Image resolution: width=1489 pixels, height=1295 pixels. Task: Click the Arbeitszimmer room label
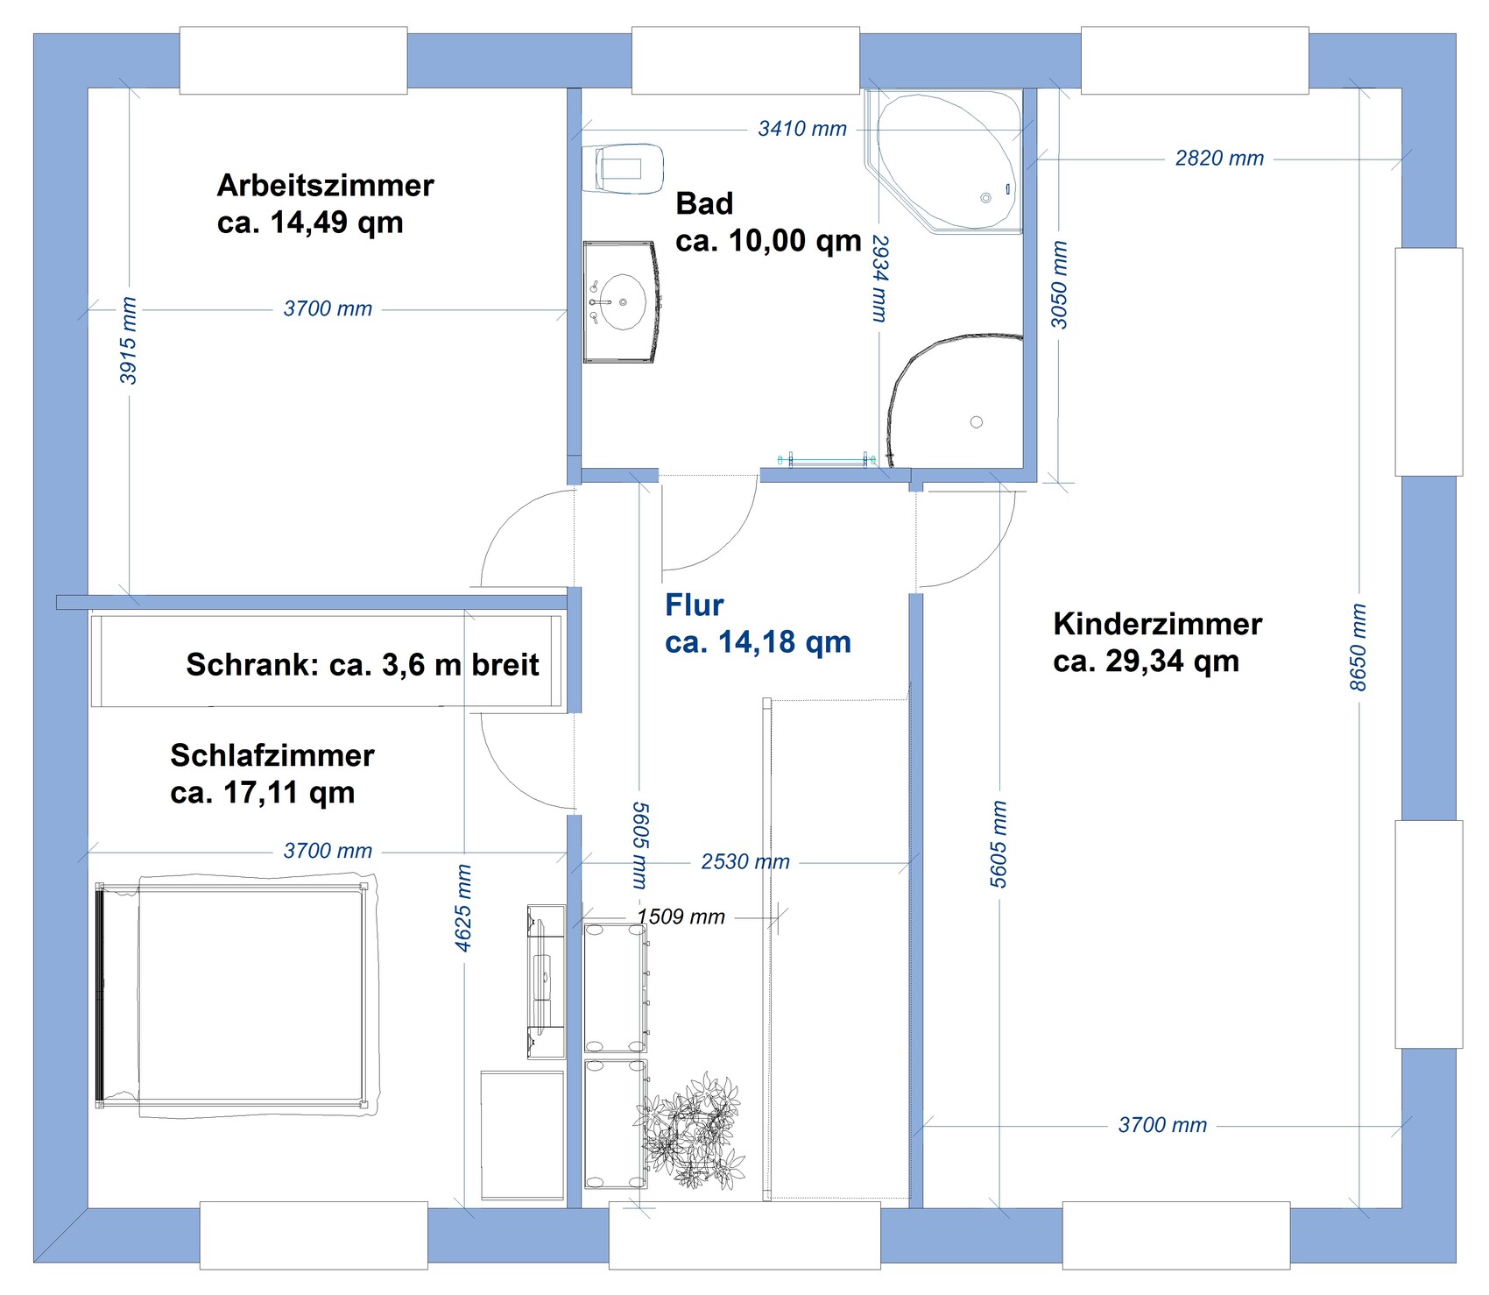point(325,186)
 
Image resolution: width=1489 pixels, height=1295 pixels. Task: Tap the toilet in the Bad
point(623,168)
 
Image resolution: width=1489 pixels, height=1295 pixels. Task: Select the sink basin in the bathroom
point(622,302)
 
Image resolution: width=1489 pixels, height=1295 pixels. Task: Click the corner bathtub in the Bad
point(944,161)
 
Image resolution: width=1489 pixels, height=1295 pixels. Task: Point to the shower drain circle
point(977,422)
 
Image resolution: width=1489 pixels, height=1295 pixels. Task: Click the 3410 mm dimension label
point(802,129)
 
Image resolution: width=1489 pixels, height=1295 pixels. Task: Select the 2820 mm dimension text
point(1219,159)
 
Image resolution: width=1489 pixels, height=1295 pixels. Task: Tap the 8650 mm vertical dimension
point(1358,647)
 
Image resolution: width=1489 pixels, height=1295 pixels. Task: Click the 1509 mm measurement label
point(681,917)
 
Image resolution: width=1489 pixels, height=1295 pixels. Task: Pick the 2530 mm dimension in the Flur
point(745,862)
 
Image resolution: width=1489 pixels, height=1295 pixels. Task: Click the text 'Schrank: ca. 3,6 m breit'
point(363,665)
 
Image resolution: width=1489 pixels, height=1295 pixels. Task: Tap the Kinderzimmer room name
point(1157,624)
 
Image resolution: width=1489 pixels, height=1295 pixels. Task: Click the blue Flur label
point(695,605)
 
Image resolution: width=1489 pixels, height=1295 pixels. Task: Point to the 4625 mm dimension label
point(463,908)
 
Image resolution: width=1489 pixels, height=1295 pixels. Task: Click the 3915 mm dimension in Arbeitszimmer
point(128,341)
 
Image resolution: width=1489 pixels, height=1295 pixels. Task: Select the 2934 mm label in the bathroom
point(880,279)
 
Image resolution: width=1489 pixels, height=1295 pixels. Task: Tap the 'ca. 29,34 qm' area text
point(1147,662)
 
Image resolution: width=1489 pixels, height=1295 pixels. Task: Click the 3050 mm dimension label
point(1059,285)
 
